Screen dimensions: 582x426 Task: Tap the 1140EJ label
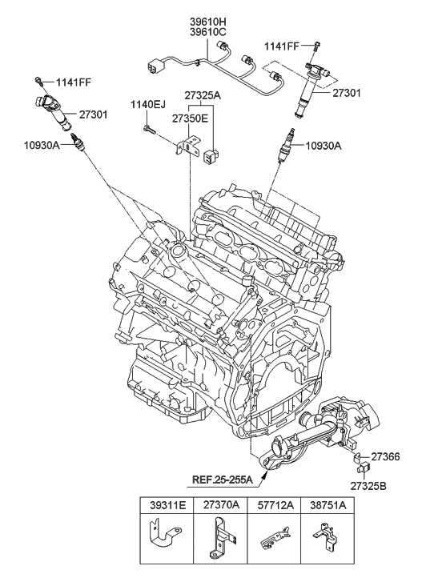tap(149, 104)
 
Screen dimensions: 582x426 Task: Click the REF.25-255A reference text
tap(222, 480)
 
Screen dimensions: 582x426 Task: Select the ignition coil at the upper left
tap(57, 113)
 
